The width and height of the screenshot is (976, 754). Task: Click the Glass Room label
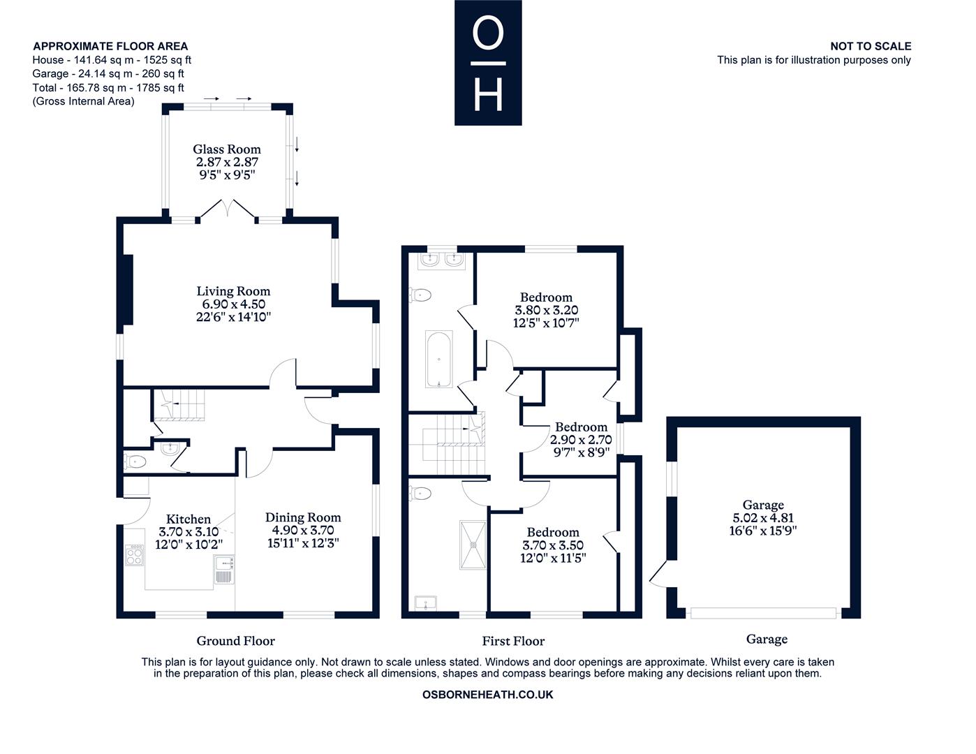(227, 149)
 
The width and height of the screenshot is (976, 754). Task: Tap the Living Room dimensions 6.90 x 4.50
(233, 304)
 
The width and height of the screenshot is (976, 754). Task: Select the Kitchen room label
(188, 519)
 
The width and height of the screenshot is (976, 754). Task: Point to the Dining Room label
(303, 517)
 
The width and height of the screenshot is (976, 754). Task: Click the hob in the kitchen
(134, 556)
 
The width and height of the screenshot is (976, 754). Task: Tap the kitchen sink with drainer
(224, 570)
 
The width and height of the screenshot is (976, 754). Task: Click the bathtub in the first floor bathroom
(438, 360)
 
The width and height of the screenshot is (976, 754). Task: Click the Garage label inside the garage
(763, 505)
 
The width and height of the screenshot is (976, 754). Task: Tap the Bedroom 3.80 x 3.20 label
(546, 297)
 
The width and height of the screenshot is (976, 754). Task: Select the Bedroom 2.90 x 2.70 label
(581, 427)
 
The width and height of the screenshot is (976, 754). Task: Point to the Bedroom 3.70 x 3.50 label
(553, 533)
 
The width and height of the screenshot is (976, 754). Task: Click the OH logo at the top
(488, 63)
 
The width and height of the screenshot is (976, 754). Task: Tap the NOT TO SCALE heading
(870, 46)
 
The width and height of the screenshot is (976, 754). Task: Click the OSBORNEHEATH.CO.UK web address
(488, 695)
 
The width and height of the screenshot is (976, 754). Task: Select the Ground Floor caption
(235, 641)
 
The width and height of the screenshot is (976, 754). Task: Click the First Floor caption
(513, 641)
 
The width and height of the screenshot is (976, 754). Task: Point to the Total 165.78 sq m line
(108, 88)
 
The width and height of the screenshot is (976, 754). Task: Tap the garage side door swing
(658, 573)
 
